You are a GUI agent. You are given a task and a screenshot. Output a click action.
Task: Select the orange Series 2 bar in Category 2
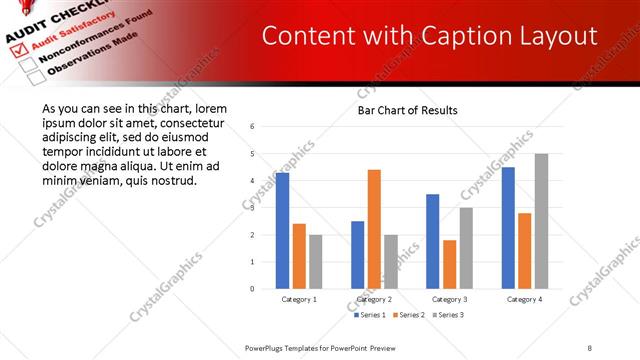pyautogui.click(x=374, y=229)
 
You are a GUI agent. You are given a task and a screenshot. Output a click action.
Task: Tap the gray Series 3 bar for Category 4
pyautogui.click(x=541, y=221)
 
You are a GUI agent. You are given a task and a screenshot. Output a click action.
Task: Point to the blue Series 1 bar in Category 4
pyautogui.click(x=508, y=227)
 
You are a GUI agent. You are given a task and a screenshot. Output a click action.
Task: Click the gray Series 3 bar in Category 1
pyautogui.click(x=316, y=261)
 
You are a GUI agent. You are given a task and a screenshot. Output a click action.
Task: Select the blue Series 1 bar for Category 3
pyautogui.click(x=432, y=241)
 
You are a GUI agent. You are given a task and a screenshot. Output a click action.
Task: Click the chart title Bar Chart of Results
pyautogui.click(x=408, y=110)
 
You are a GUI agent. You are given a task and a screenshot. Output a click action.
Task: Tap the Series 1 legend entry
pyautogui.click(x=370, y=315)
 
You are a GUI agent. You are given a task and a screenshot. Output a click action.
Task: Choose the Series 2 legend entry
pyautogui.click(x=408, y=315)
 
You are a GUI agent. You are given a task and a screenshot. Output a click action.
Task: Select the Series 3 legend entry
pyautogui.click(x=446, y=315)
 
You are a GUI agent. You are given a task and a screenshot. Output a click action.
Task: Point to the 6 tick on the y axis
pyautogui.click(x=253, y=127)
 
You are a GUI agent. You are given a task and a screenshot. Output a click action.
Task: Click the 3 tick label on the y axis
pyautogui.click(x=253, y=208)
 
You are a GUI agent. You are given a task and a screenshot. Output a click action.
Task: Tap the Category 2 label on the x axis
pyautogui.click(x=374, y=299)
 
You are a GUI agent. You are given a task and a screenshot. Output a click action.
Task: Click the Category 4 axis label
pyautogui.click(x=524, y=299)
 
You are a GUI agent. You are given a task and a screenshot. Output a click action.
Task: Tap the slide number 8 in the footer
pyautogui.click(x=590, y=346)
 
